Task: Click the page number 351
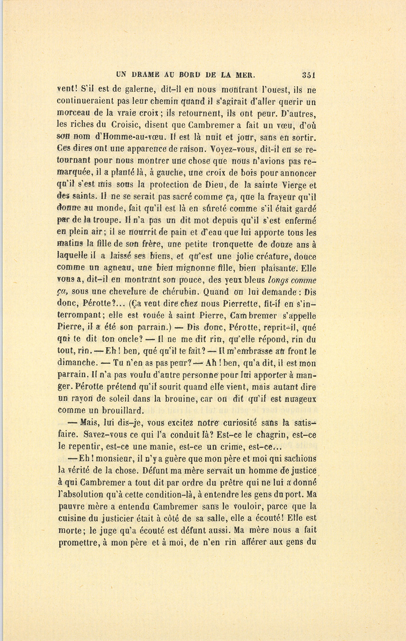309,75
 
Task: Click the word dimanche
77,362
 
